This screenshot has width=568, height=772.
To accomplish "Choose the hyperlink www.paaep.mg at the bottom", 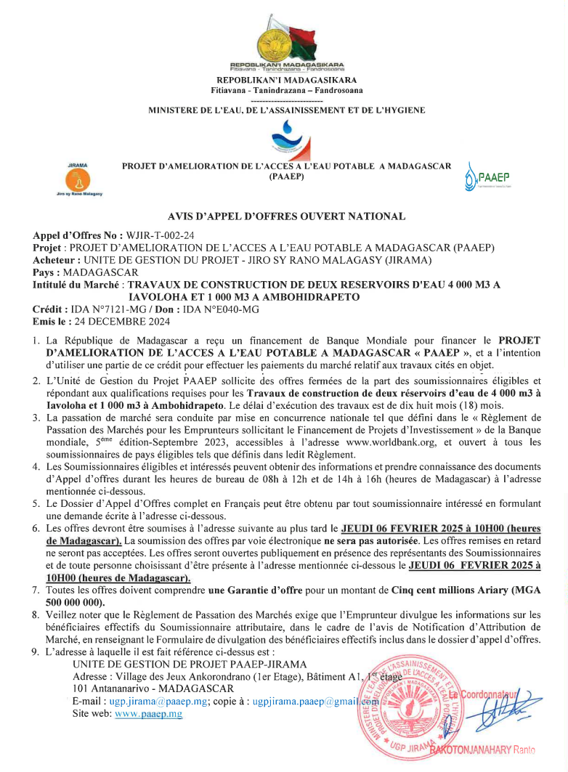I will pos(148,714).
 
